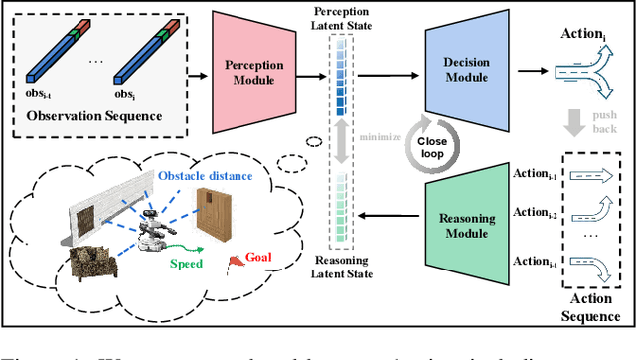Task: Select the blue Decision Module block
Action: click(466, 71)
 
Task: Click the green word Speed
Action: click(187, 264)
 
